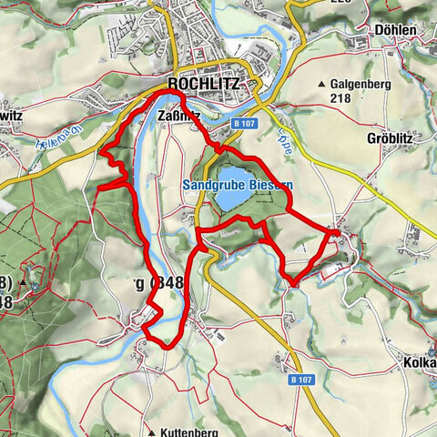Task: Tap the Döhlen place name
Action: tap(395, 29)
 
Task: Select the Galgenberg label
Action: tap(361, 84)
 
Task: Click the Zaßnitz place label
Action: tap(179, 116)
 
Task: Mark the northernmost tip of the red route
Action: tap(169, 92)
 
